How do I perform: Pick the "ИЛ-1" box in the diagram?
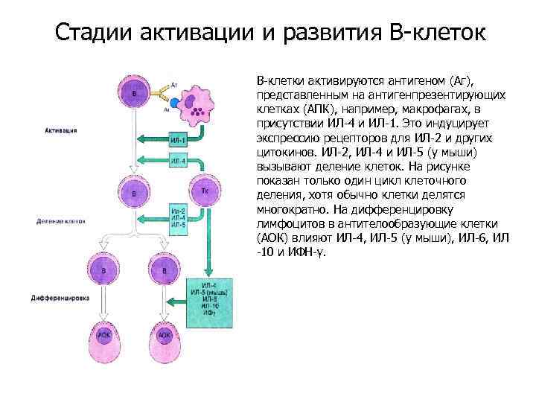[178, 139]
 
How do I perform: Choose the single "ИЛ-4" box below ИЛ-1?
[178, 161]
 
